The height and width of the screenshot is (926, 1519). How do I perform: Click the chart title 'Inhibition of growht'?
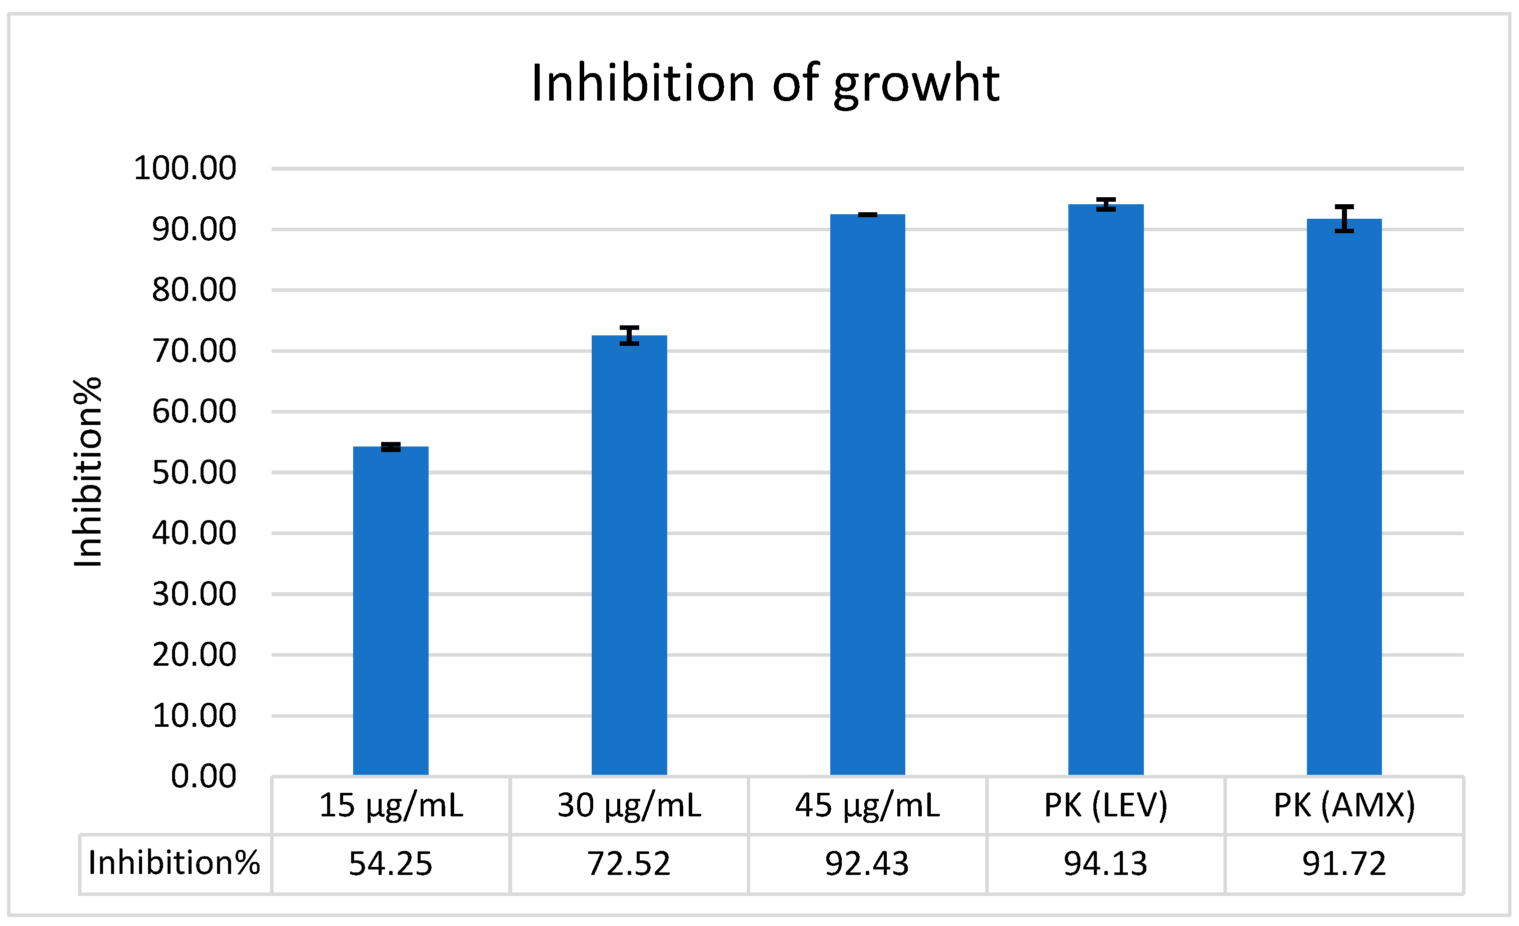pos(764,84)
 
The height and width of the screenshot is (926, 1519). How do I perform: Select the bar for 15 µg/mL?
pos(390,611)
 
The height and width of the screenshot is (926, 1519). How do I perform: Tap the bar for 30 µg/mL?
pos(629,555)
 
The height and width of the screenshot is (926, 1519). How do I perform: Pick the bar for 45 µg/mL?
pos(867,494)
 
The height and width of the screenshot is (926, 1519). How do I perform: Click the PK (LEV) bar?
pos(1105,488)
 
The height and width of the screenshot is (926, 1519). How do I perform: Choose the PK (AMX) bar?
pos(1344,494)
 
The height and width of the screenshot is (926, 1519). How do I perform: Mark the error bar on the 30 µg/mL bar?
pos(629,335)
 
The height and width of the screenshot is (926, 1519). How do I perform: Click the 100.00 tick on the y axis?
pos(185,168)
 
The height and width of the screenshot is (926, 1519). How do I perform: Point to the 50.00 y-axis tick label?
pos(194,473)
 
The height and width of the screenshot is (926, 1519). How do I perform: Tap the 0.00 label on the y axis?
pos(204,776)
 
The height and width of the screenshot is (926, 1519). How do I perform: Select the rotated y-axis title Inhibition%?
pos(88,472)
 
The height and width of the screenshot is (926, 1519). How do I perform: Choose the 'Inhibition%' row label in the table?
pos(175,862)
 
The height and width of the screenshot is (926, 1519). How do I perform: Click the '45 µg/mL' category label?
pos(867,805)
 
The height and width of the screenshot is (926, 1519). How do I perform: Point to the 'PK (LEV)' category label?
pos(1105,805)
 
